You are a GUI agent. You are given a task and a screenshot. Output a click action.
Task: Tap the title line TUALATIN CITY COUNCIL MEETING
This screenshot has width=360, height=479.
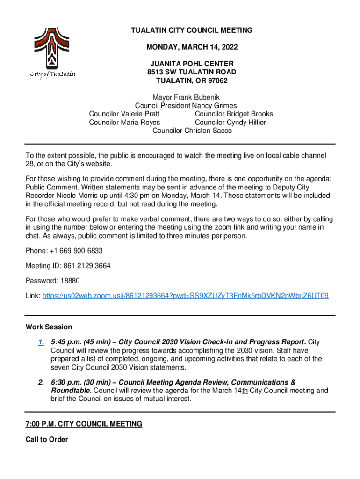(192, 30)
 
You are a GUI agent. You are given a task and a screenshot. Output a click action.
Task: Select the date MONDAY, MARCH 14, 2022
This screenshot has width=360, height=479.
(192, 47)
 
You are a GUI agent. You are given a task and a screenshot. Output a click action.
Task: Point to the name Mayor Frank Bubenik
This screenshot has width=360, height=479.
(192, 97)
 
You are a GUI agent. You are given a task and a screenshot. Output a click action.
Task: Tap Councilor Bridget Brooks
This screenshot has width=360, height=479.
(234, 114)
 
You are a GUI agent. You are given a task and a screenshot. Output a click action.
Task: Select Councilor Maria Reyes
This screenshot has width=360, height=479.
(124, 122)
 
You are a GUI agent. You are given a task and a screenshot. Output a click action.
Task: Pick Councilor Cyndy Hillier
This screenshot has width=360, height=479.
(230, 122)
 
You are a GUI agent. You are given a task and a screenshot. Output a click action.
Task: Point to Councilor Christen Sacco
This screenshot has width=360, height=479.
(192, 131)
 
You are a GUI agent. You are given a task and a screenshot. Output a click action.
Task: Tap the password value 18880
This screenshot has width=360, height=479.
(71, 281)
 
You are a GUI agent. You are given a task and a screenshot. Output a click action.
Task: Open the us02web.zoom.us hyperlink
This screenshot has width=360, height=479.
(185, 296)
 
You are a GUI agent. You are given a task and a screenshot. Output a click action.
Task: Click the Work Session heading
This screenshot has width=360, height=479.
(49, 327)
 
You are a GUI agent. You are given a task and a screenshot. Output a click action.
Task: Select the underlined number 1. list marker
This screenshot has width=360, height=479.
(41, 342)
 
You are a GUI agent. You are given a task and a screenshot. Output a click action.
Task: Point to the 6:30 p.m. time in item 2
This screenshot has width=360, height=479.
(65, 382)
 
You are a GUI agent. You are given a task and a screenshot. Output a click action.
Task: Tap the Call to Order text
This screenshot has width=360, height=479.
(47, 439)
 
